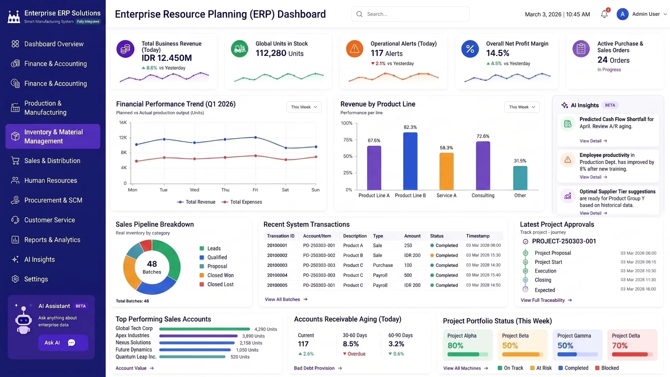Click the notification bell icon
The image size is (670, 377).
[x=604, y=14]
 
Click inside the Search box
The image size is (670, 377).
[x=410, y=14]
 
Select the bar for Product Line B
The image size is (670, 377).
[x=410, y=161]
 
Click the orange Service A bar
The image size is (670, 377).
[x=446, y=171]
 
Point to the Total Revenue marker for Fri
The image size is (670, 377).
[x=255, y=137]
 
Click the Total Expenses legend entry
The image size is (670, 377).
[x=242, y=202]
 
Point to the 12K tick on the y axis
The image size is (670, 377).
[x=123, y=137]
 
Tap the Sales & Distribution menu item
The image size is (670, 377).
[x=52, y=161]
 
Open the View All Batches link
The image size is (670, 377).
[x=286, y=299]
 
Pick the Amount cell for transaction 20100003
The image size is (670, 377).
[x=408, y=265]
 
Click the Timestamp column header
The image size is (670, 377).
[x=478, y=236]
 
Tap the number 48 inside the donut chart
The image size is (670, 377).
[x=152, y=264]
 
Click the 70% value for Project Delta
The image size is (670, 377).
[x=619, y=346]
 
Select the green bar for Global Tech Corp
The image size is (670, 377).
[x=204, y=329]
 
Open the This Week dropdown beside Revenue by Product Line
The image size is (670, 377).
[x=522, y=107]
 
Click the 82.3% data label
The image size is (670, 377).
[x=410, y=127]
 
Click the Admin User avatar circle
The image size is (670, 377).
[x=622, y=14]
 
